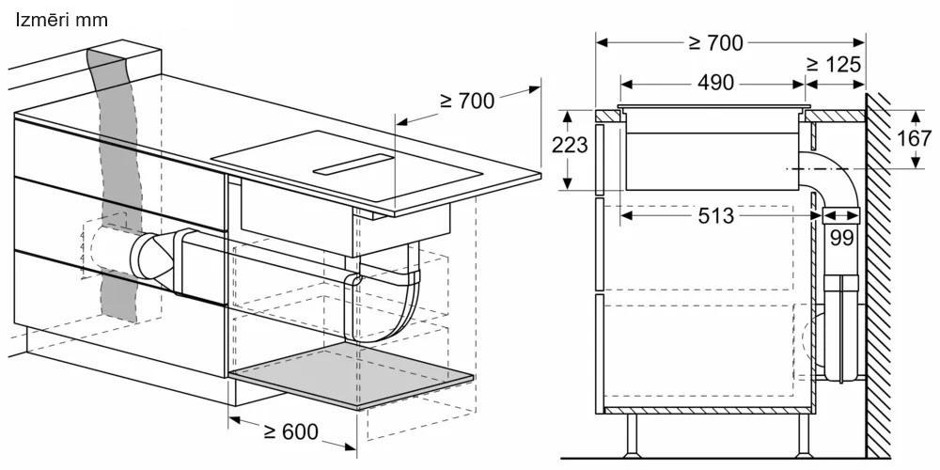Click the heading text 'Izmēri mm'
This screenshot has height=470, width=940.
[x=61, y=20]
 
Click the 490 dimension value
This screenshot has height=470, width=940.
[x=715, y=84]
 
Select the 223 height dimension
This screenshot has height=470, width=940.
[x=570, y=145]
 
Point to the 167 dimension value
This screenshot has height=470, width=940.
[x=914, y=138]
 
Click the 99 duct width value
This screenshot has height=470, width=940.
[x=841, y=238]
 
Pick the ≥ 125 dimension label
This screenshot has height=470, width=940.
[x=834, y=64]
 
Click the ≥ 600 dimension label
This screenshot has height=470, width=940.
[x=290, y=431]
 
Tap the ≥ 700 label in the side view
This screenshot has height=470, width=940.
[x=715, y=42]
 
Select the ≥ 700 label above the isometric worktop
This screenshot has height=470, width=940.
[x=467, y=101]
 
